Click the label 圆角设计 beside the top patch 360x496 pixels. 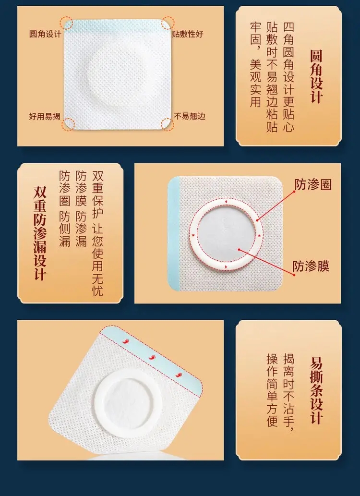click(45, 34)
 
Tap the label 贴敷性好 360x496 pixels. click(188, 34)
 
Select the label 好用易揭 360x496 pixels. click(45, 116)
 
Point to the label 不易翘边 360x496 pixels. click(190, 116)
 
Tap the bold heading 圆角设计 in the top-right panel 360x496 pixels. click(316, 77)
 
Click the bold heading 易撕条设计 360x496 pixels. click(316, 390)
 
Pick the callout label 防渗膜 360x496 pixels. click(311, 266)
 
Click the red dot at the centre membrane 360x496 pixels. click(239, 250)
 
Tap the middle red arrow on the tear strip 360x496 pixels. click(152, 357)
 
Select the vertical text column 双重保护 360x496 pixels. click(97, 194)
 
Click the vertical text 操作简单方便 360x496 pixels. click(272, 390)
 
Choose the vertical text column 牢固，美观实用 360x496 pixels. click(256, 65)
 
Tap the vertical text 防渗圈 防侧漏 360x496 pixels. click(64, 209)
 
